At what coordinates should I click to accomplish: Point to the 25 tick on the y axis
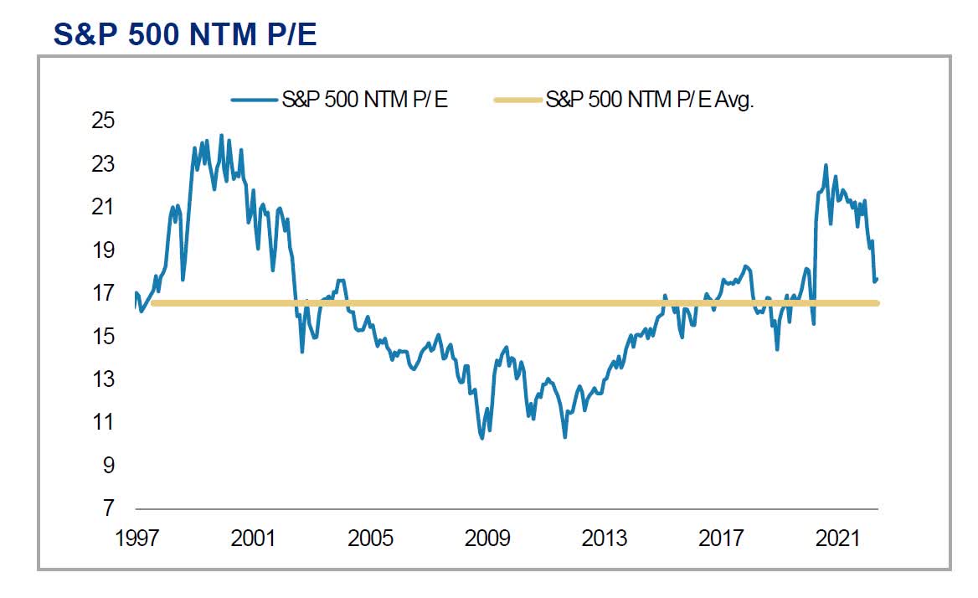pos(102,121)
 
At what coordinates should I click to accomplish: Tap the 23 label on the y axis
pos(102,163)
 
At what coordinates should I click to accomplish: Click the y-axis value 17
pos(102,292)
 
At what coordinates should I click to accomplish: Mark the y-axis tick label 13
pos(102,379)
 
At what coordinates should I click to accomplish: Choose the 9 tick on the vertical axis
pos(108,465)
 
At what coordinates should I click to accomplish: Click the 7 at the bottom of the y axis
pos(108,508)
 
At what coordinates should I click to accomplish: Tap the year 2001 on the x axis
pos(253,537)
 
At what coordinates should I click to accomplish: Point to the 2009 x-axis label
pos(487,537)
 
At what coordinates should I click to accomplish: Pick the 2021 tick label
pos(839,537)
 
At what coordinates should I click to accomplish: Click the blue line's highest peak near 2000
pos(221,135)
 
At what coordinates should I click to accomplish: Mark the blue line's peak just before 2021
pos(826,165)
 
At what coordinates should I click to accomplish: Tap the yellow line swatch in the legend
pos(517,101)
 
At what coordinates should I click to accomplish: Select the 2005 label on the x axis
pos(370,537)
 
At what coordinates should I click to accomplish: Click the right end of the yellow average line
pos(877,303)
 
